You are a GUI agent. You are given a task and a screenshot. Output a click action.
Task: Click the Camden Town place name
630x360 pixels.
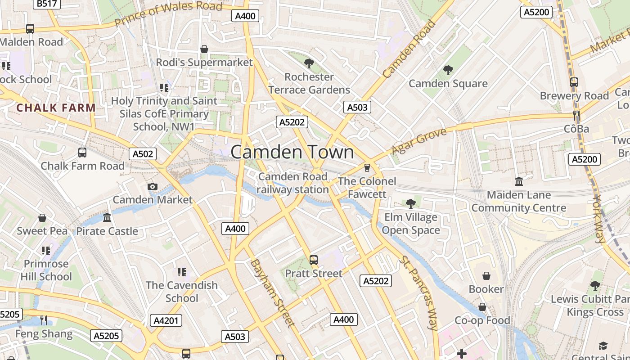(292, 152)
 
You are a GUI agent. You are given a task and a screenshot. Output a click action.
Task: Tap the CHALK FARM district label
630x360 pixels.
(56, 108)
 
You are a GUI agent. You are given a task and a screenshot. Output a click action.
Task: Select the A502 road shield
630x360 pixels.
(143, 154)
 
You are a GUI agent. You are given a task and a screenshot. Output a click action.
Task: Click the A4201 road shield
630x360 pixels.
(166, 320)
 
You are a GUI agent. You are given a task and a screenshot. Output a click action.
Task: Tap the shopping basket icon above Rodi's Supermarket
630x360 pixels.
(204, 49)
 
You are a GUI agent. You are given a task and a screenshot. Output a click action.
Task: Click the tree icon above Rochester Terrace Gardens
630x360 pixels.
(309, 63)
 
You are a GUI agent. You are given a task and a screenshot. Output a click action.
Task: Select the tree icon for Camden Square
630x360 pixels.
(448, 70)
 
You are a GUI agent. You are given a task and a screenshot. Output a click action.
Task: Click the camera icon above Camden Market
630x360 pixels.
(153, 186)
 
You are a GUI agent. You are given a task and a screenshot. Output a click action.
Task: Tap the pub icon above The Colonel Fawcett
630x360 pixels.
(367, 168)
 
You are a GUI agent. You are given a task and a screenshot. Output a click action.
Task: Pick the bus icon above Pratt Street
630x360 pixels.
(314, 260)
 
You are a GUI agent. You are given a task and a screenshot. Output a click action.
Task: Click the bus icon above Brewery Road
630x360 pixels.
(574, 82)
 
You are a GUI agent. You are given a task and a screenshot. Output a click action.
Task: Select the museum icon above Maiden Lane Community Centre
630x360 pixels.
(518, 182)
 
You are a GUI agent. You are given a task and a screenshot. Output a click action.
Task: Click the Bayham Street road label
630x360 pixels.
(272, 292)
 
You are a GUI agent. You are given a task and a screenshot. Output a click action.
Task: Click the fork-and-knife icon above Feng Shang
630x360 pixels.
(44, 320)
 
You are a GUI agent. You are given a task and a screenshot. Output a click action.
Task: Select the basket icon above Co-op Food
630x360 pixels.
(482, 307)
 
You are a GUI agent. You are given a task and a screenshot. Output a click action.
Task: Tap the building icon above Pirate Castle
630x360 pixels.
(107, 218)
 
